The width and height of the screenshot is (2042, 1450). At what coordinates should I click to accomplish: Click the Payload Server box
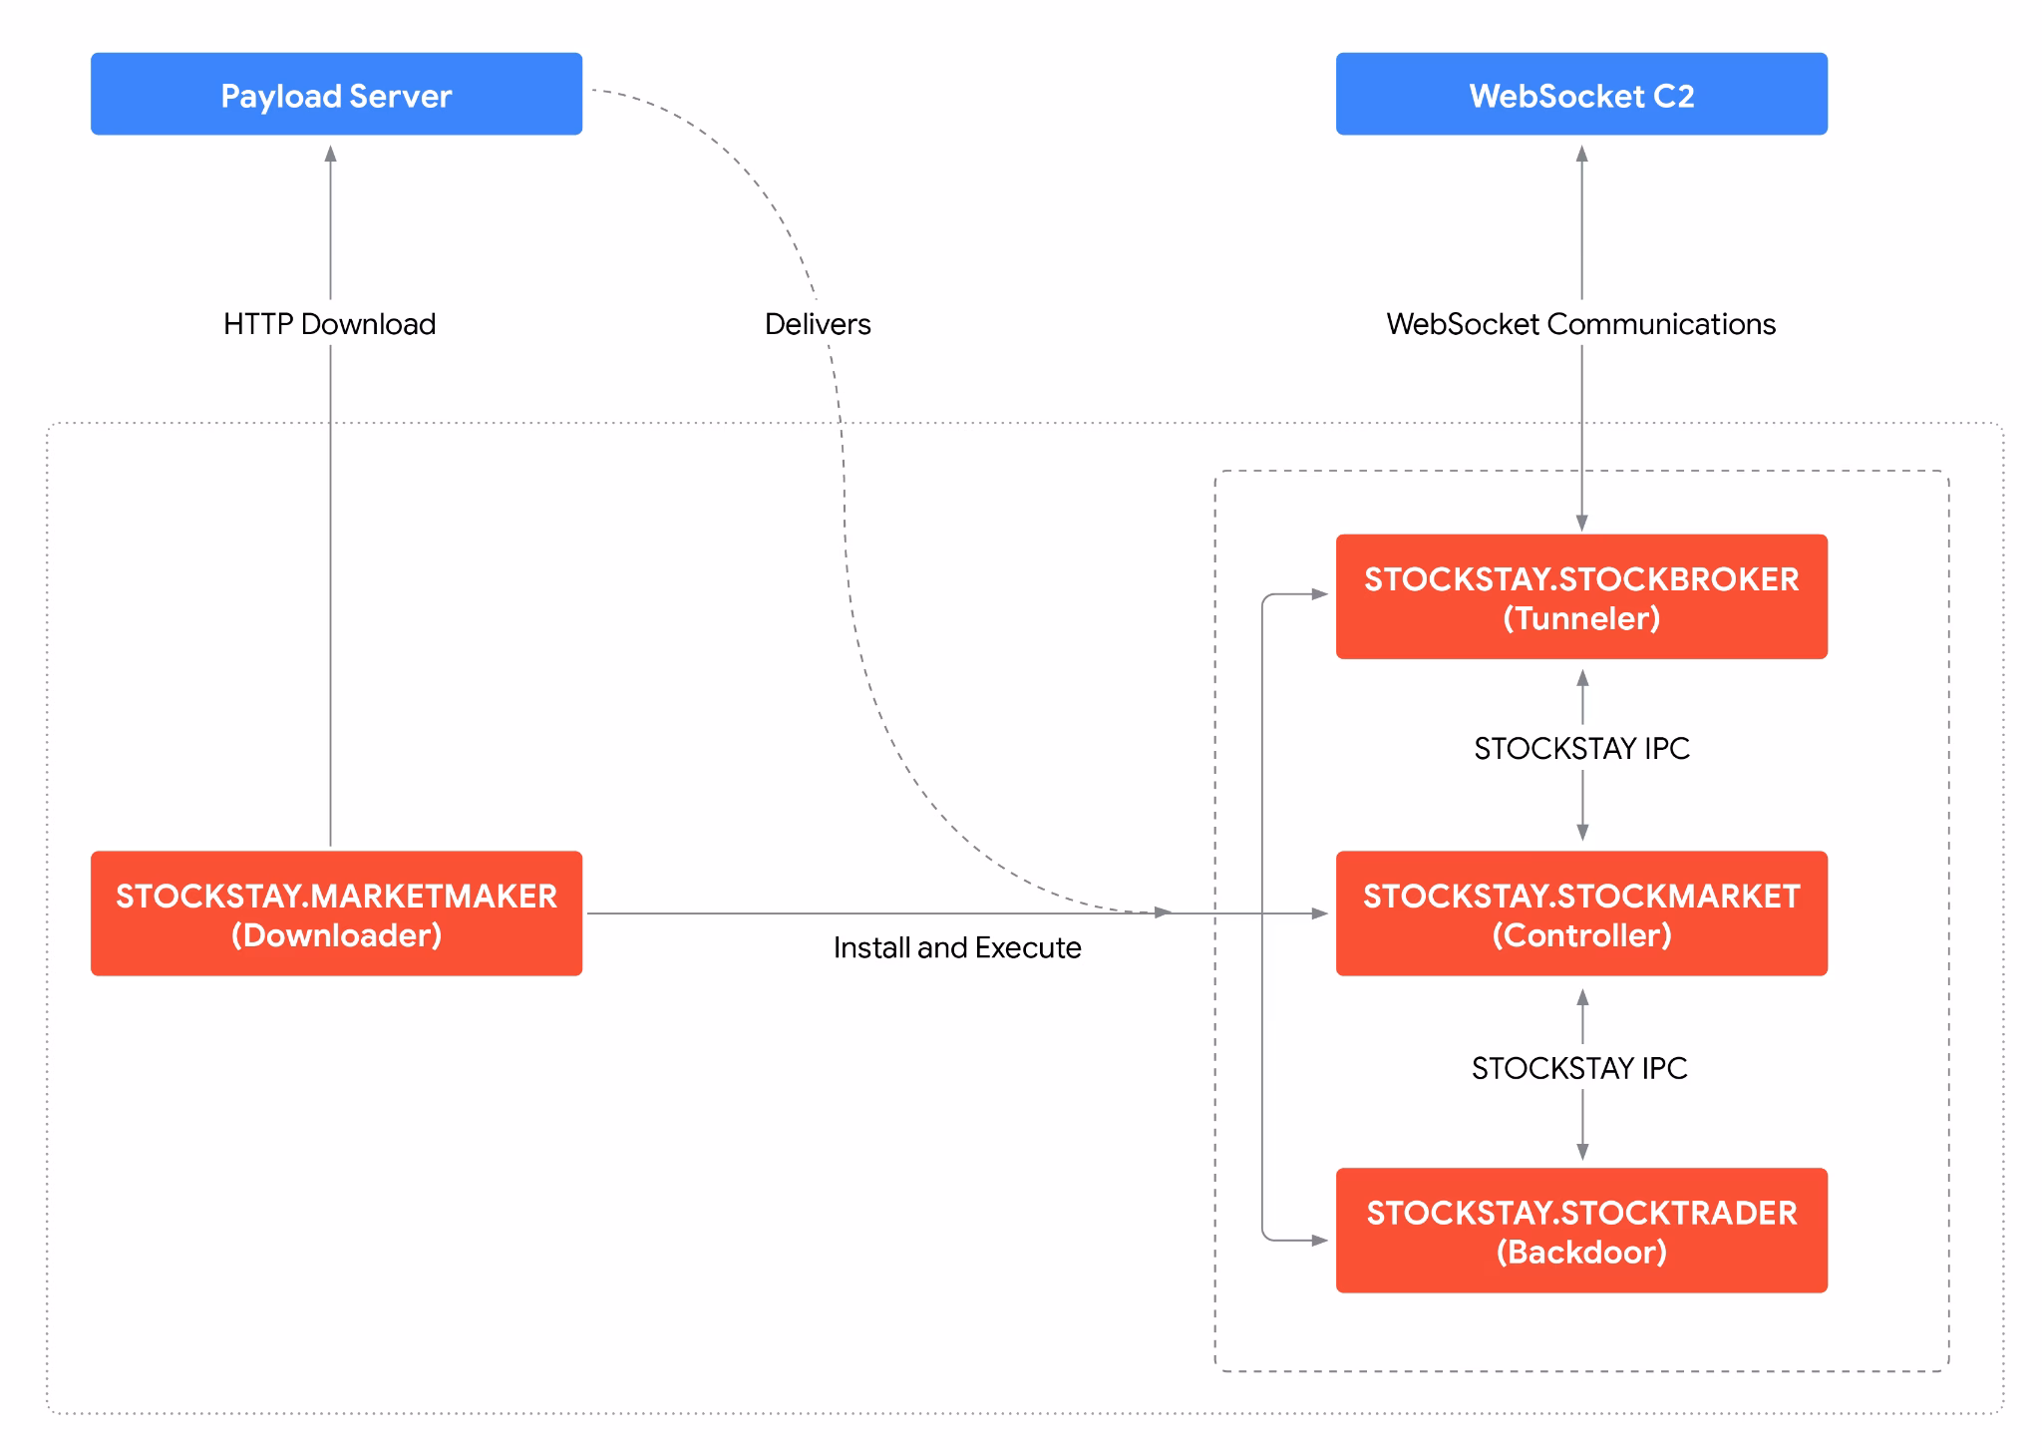[336, 94]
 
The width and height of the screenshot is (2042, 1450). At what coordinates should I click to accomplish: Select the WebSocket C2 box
[1581, 94]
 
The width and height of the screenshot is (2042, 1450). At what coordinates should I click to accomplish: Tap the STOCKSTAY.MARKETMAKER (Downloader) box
[336, 912]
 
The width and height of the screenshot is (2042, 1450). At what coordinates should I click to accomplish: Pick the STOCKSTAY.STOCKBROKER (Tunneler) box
[1581, 596]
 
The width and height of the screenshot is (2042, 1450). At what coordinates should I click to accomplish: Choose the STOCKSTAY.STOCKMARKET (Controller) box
[1581, 912]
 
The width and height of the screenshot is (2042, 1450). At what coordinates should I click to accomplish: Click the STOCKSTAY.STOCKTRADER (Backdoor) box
[1581, 1230]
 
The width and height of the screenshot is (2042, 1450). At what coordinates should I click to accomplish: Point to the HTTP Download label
[330, 324]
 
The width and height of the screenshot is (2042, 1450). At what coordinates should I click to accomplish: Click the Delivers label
[818, 324]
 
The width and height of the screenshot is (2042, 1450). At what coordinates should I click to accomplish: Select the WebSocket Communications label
[1581, 324]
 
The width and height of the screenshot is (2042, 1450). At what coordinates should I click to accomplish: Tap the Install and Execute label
[957, 947]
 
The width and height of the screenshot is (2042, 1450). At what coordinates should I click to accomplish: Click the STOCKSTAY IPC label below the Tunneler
[1582, 748]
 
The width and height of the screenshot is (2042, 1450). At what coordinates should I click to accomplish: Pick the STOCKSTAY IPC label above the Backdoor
[1580, 1068]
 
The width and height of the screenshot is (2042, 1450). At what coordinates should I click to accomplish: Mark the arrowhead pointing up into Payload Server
[331, 154]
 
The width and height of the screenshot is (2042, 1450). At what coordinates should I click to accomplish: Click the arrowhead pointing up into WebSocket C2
[1582, 154]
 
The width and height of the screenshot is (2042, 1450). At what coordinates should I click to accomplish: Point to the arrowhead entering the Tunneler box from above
[1582, 523]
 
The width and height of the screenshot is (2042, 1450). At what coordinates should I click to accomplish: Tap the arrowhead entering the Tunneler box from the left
[1320, 594]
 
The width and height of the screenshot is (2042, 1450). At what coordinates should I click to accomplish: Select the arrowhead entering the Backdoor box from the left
[1320, 1241]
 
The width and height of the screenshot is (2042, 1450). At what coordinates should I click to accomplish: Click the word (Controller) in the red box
[1581, 935]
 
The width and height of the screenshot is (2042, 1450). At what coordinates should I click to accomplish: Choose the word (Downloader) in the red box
[336, 935]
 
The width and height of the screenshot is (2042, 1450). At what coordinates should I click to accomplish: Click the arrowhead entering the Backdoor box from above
[1582, 1151]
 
